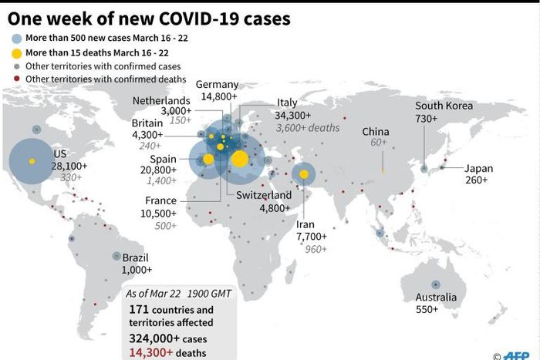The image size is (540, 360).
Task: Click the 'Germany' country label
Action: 217,85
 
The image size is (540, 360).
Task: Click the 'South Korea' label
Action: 444,106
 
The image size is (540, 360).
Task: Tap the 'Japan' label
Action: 479,168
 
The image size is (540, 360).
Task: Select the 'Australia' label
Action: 436,298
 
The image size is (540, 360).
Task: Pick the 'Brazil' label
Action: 135,257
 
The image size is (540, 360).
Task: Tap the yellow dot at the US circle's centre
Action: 32,160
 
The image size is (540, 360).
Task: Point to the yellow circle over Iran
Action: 304,175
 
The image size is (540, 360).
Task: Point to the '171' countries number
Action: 139,309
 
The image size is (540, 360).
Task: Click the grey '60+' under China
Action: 378,143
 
